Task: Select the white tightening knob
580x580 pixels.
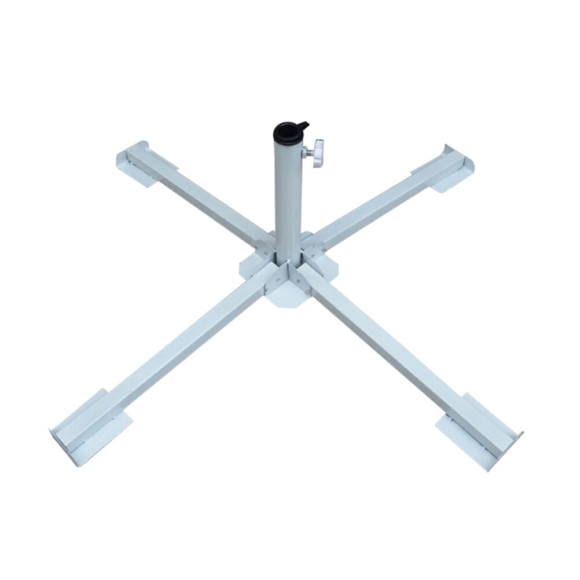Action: [x=317, y=153]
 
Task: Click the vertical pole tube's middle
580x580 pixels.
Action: [x=288, y=197]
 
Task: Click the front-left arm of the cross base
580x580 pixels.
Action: [x=174, y=342]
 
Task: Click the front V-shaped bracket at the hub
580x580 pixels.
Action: [x=288, y=278]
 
